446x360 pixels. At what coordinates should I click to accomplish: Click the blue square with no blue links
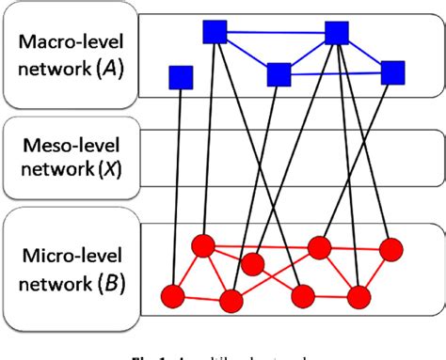click(x=181, y=76)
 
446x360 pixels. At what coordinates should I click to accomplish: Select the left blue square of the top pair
click(x=214, y=33)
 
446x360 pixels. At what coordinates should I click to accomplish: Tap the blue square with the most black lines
click(x=337, y=34)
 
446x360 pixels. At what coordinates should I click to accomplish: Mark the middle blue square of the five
click(x=278, y=74)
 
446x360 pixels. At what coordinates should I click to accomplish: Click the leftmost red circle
click(x=172, y=296)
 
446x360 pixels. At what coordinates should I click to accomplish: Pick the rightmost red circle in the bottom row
click(x=358, y=297)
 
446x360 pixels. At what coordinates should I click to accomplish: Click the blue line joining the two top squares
click(x=275, y=34)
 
